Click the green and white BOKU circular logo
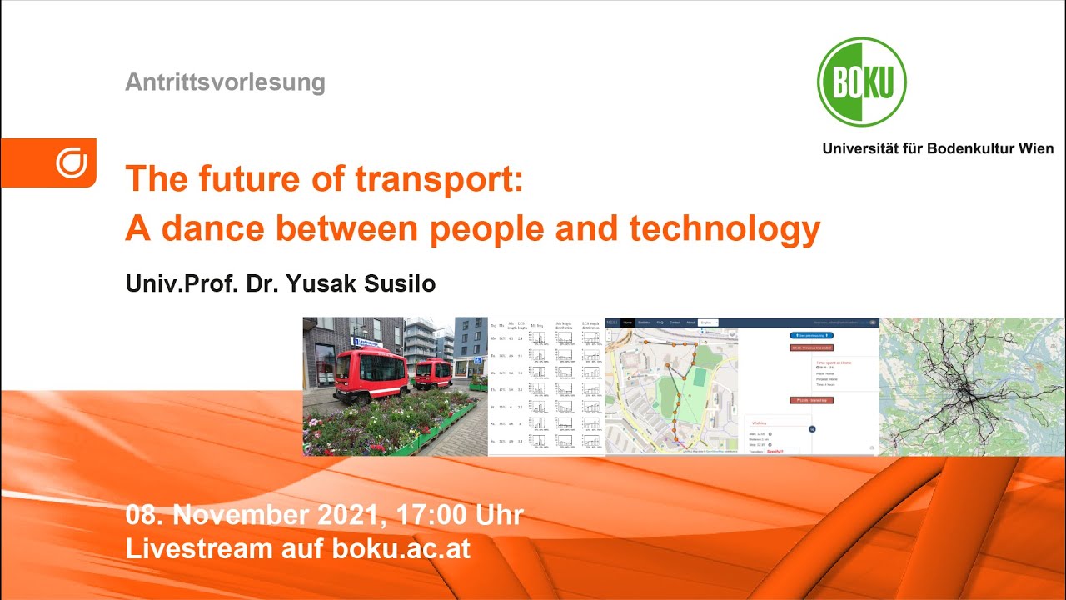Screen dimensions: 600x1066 click(861, 82)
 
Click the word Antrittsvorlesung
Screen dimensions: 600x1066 click(225, 82)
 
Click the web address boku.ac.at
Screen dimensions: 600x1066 click(401, 549)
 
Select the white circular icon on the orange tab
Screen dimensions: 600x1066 click(72, 162)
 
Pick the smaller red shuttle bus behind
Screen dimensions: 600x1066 click(432, 372)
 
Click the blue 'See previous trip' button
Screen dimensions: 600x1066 click(811, 335)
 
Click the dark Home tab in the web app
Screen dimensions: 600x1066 click(627, 322)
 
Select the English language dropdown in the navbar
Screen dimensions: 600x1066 click(708, 322)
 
